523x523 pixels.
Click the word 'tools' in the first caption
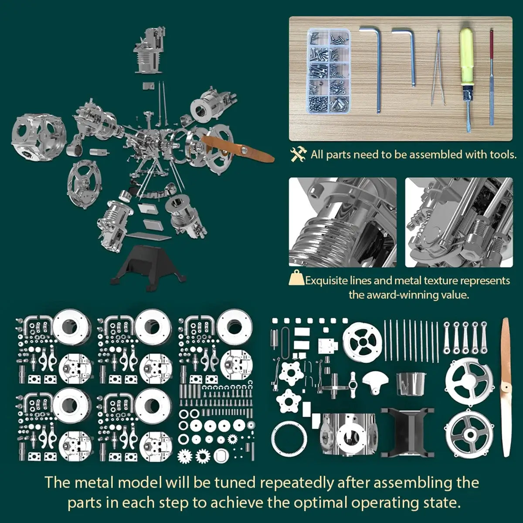[499, 154]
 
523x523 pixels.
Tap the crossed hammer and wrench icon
[299, 154]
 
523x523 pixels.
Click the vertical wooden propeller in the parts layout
[506, 388]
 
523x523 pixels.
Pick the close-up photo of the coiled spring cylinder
[343, 222]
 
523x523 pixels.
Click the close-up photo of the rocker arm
[458, 222]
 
